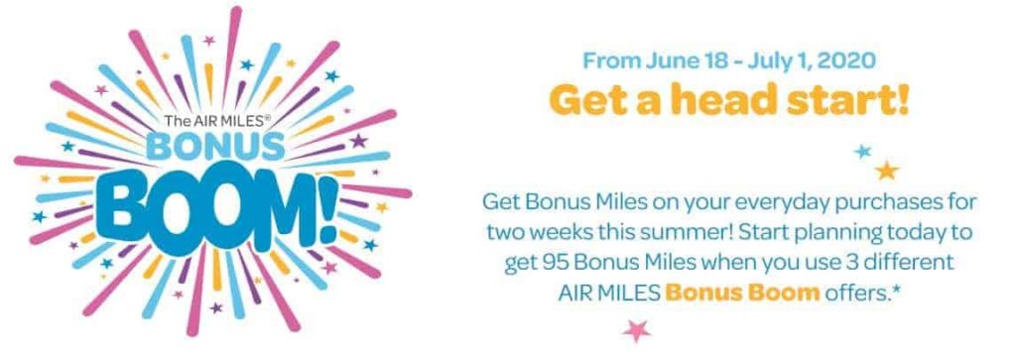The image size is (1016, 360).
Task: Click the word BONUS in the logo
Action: (215, 147)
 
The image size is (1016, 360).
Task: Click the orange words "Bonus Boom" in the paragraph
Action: (742, 294)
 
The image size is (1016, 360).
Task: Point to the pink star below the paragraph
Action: (636, 329)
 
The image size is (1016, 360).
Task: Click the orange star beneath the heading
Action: (886, 171)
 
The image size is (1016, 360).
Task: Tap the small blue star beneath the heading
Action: (862, 152)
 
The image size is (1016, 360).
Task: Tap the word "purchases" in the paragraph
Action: (891, 202)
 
